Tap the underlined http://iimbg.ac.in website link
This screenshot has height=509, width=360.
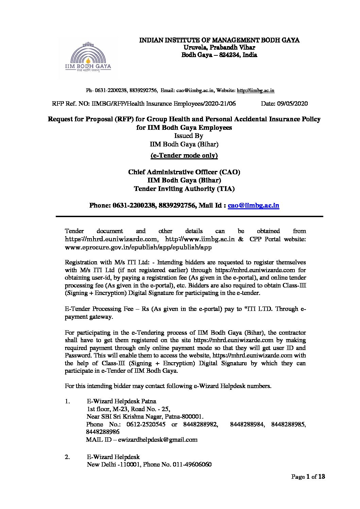256,90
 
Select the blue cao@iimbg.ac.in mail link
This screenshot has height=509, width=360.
254,205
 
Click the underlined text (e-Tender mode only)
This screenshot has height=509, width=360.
184,155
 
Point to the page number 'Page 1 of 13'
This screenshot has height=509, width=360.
308,477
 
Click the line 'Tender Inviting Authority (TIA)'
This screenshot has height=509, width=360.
184,189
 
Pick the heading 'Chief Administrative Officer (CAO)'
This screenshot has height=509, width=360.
184,172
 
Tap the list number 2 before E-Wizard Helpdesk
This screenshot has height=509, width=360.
67,457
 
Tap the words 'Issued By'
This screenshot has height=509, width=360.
184,136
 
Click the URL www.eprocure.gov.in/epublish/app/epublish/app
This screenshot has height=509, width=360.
138,247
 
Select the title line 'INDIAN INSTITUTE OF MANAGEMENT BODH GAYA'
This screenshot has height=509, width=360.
220,40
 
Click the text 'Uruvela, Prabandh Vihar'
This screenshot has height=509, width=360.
219,48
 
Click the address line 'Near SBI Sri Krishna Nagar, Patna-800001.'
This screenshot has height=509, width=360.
145,416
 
